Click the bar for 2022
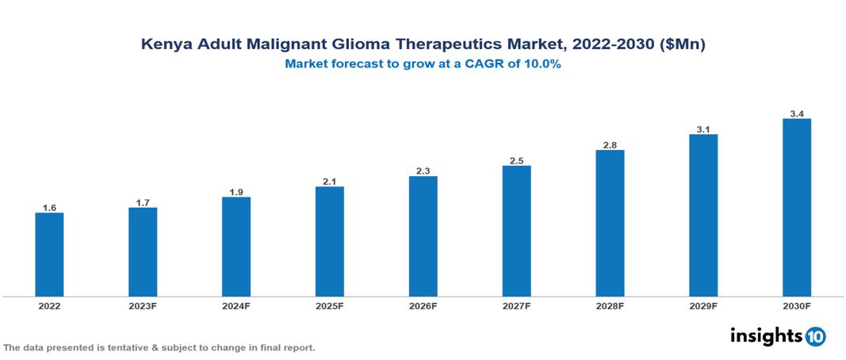49,255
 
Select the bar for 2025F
329,241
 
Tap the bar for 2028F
610,223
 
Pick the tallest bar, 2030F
797,208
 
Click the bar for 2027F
516,231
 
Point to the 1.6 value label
49,208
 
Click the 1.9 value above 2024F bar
236,192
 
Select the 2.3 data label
423,171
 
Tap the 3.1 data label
703,129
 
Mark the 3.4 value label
797,114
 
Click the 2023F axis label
143,306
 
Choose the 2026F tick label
423,306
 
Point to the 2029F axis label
703,306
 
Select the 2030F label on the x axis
797,306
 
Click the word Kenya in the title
164,45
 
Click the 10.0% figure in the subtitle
542,65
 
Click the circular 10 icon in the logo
815,337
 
